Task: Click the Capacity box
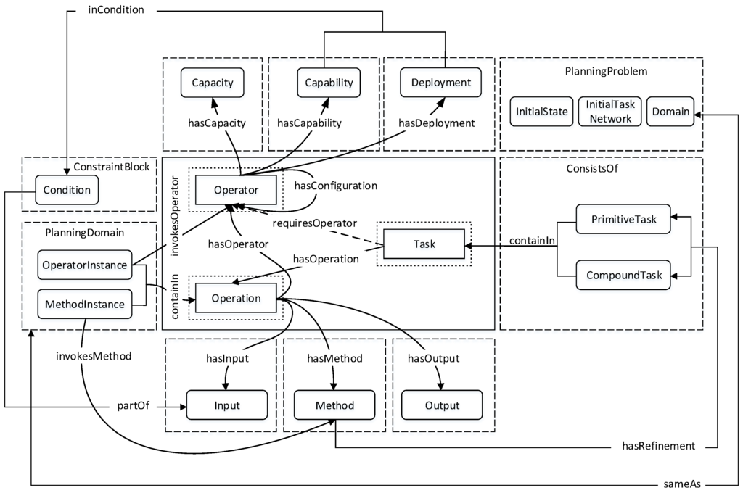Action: [213, 83]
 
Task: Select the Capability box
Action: [329, 83]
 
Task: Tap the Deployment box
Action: [440, 83]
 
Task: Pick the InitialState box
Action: [541, 112]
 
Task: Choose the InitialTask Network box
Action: [609, 112]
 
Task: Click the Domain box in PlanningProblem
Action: [670, 112]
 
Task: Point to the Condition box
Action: [67, 190]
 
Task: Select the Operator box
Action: [236, 190]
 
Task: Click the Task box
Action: [424, 244]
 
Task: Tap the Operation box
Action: [236, 298]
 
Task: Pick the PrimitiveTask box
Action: [623, 219]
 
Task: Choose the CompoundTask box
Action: [623, 275]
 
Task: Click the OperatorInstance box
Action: [85, 265]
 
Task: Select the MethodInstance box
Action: [85, 304]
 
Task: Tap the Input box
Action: [227, 405]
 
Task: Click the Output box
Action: [442, 405]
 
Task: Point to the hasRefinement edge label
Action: [659, 446]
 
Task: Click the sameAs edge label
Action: [682, 484]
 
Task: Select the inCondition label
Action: [116, 10]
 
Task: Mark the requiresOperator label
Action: [315, 223]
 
